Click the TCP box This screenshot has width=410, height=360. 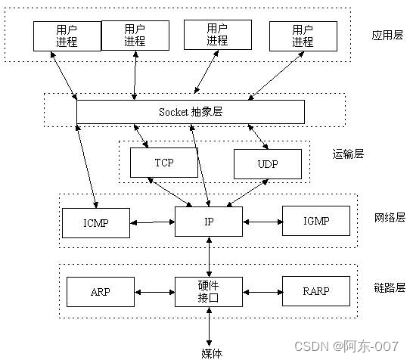[163, 163]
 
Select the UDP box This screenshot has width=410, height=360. [267, 163]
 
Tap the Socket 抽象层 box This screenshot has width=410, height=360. [191, 111]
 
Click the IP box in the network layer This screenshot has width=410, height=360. [208, 221]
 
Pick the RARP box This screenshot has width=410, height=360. [315, 290]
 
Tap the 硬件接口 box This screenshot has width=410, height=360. [208, 290]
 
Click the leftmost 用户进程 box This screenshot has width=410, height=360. [67, 36]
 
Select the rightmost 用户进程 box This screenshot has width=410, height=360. [303, 36]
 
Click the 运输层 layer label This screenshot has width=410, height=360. [348, 154]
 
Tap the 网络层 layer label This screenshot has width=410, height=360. [390, 217]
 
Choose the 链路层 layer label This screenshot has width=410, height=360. [390, 287]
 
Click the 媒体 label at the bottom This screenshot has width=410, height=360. [212, 352]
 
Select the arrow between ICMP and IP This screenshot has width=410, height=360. [152, 222]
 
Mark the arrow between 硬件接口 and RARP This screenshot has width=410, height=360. [262, 290]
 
